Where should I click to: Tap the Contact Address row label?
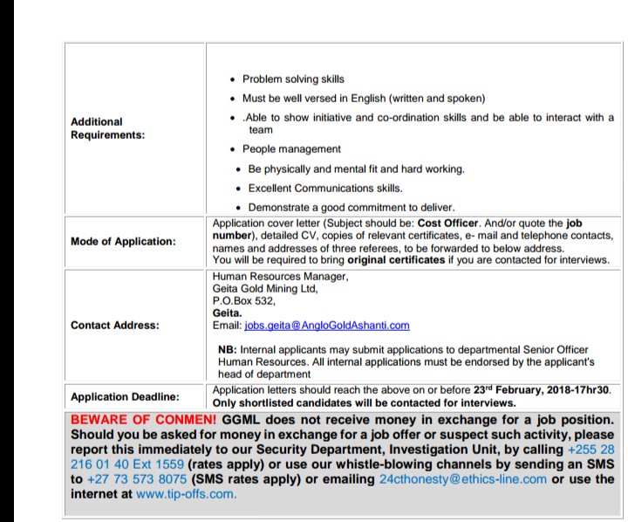pyautogui.click(x=115, y=326)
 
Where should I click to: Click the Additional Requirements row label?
pyautogui.click(x=108, y=128)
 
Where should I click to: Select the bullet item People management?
pyautogui.click(x=291, y=149)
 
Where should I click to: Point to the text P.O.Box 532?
pyautogui.click(x=244, y=300)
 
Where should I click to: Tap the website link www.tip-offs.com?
pyautogui.click(x=187, y=493)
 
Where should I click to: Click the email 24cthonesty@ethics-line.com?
pyautogui.click(x=461, y=478)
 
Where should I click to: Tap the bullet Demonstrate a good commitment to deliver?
pyautogui.click(x=351, y=207)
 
